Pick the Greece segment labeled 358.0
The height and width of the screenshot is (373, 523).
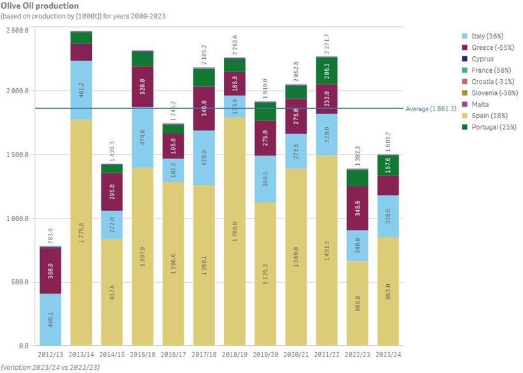pyautogui.click(x=50, y=270)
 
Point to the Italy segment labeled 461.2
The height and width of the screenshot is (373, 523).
pyautogui.click(x=81, y=90)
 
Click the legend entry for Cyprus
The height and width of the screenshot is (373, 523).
pyautogui.click(x=482, y=59)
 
